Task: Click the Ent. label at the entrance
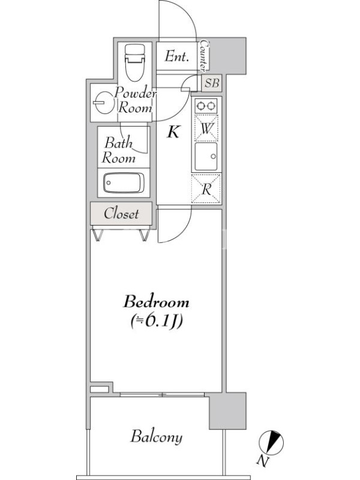(x=176, y=56)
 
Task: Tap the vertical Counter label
(x=203, y=55)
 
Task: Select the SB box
(x=212, y=83)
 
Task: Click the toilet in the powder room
(x=134, y=62)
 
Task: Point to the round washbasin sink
(x=102, y=102)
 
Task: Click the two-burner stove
(x=206, y=106)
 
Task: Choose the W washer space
(x=206, y=128)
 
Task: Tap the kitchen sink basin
(x=206, y=157)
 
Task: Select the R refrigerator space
(x=206, y=189)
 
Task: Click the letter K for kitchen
(x=173, y=132)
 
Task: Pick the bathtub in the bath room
(x=124, y=183)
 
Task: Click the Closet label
(x=121, y=214)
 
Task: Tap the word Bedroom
(x=156, y=302)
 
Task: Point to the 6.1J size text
(x=157, y=321)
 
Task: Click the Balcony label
(x=157, y=437)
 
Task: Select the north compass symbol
(x=271, y=442)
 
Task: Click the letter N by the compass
(x=262, y=461)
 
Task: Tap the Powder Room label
(x=136, y=100)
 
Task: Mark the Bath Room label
(x=119, y=151)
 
